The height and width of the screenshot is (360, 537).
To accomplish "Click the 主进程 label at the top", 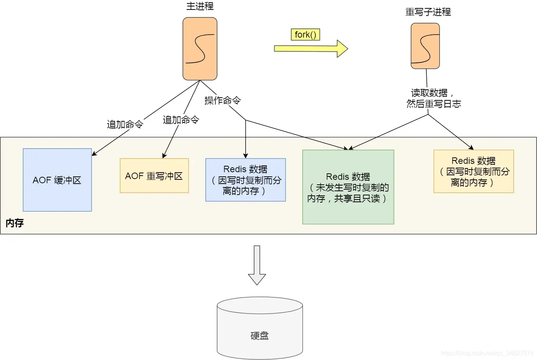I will (200, 6).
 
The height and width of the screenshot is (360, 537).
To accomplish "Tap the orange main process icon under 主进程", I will (200, 49).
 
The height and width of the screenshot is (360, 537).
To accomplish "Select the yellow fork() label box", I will (305, 35).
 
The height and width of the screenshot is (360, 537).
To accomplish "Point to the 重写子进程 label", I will (428, 12).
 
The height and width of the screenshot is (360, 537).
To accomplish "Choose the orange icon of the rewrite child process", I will (425, 46).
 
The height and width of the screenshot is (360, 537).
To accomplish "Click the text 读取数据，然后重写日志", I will (433, 98).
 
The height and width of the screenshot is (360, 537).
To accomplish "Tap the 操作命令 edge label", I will (222, 100).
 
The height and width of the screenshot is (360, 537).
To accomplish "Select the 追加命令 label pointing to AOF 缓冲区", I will (125, 124).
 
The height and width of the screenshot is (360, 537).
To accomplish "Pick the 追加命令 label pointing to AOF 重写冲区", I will (181, 120).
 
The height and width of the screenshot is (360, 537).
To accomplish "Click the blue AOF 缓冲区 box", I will (57, 180).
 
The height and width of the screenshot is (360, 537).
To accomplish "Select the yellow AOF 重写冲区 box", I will (154, 176).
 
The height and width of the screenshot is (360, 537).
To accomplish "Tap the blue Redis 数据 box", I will (245, 180).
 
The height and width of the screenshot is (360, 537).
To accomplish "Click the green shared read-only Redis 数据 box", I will (348, 187).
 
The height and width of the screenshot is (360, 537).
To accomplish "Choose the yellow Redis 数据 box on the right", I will (473, 171).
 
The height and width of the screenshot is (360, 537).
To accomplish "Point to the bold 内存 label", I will (14, 223).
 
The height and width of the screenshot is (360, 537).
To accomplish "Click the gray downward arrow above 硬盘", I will (257, 265).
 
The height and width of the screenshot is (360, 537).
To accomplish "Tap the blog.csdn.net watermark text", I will (487, 353).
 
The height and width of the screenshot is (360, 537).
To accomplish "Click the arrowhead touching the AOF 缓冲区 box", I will (94, 154).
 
